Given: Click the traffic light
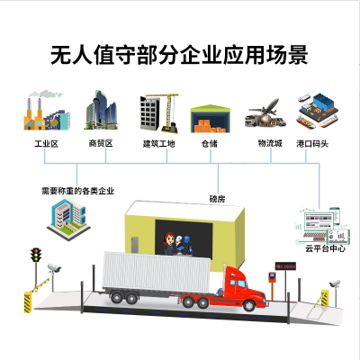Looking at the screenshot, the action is [36, 255].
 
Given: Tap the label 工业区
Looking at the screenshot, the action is [46, 144].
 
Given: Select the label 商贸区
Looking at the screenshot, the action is [101, 143].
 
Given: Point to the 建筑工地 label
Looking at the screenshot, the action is [158, 144].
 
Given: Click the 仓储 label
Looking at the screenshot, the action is [210, 144].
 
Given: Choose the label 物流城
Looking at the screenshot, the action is [270, 143].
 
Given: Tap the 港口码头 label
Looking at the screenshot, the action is [312, 144].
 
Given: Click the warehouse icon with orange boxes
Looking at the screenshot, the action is [211, 119].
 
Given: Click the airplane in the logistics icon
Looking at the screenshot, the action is [265, 108].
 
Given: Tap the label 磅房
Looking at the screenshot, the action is [217, 199].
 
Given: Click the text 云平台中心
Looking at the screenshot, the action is [325, 248].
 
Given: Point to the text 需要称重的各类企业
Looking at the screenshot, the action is [78, 191].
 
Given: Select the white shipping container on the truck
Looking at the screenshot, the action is [157, 273].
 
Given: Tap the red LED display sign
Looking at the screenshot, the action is [285, 266].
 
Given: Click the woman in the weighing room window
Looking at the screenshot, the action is [169, 244].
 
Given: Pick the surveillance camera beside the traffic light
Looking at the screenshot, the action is [54, 268].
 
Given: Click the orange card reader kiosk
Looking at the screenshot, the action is [272, 277].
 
